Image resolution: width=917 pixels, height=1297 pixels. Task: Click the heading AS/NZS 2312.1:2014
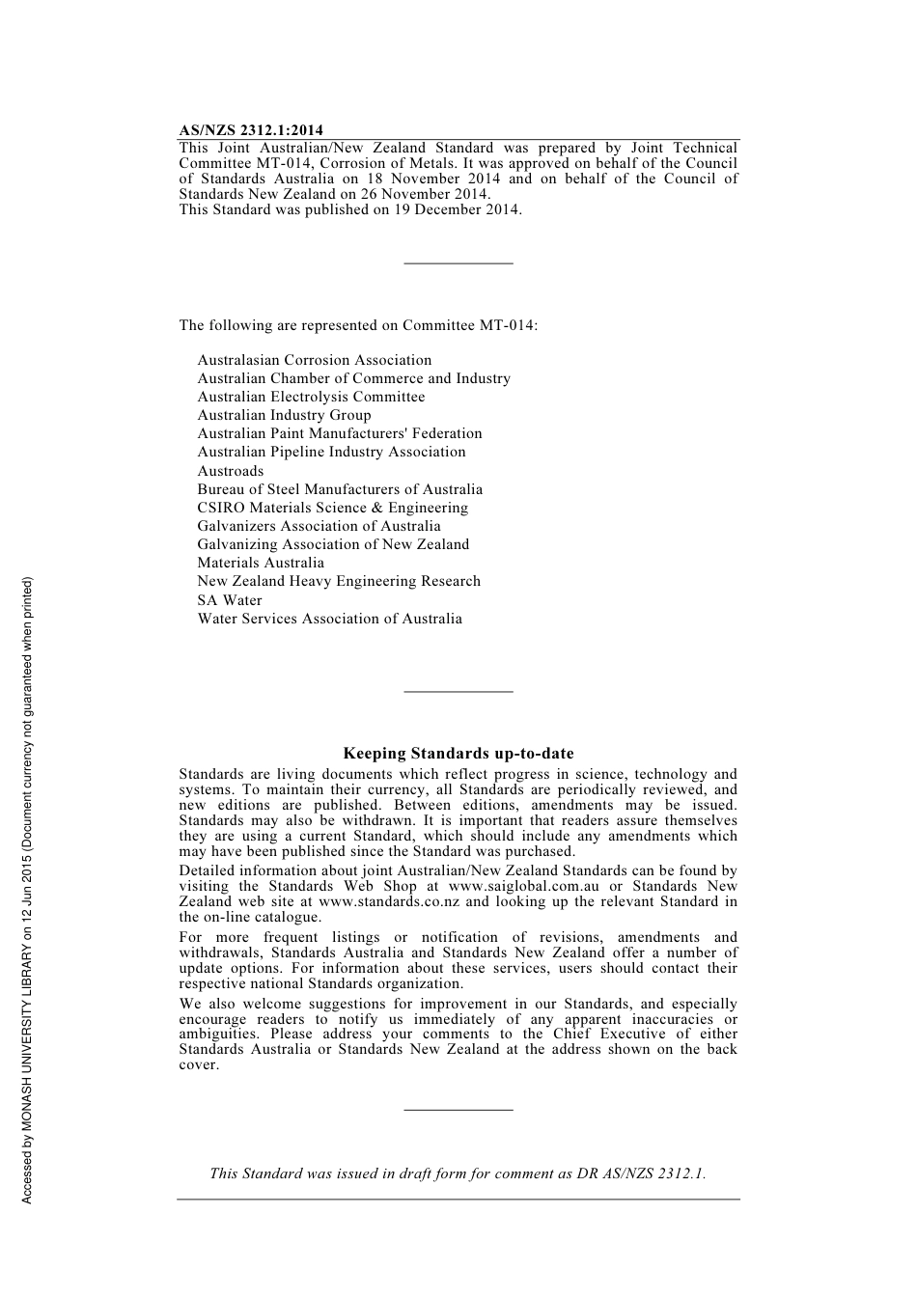(x=251, y=130)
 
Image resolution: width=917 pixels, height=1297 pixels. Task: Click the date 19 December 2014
(x=456, y=209)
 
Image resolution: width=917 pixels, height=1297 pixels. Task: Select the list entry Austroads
(x=230, y=471)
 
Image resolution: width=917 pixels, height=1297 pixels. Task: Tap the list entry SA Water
(x=230, y=600)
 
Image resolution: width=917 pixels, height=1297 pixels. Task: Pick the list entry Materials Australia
(x=261, y=563)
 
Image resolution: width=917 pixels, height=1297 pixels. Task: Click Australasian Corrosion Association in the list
(x=315, y=360)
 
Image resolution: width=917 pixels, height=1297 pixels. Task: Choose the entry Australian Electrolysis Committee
(x=311, y=397)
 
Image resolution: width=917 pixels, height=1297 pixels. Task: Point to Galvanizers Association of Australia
(x=319, y=526)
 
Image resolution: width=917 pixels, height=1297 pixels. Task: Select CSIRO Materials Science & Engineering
(x=332, y=508)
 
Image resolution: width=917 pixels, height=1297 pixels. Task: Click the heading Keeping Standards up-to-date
(x=458, y=754)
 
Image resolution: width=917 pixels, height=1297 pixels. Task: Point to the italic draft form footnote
(x=458, y=1173)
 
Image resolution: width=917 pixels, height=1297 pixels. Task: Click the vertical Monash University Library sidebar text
(x=28, y=890)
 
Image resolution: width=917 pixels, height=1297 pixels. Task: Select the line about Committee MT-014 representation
(x=358, y=325)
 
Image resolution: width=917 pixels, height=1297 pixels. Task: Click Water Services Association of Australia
(x=329, y=619)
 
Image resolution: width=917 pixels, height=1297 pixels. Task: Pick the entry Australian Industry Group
(x=284, y=415)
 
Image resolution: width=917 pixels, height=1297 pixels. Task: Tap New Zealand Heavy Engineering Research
(x=339, y=581)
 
